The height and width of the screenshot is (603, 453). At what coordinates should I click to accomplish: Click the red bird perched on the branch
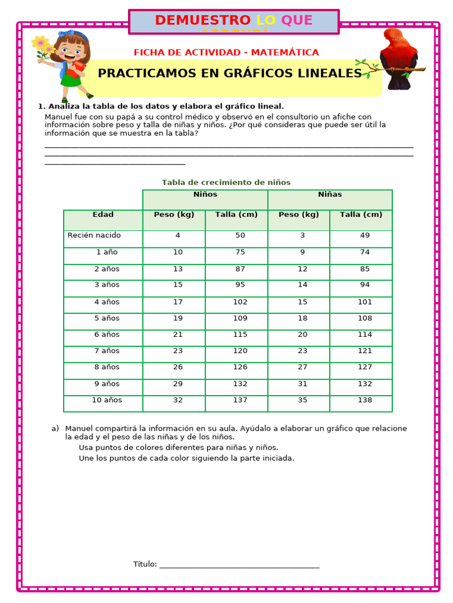pyautogui.click(x=398, y=59)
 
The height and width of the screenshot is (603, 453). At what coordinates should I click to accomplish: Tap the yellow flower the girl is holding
pyautogui.click(x=41, y=44)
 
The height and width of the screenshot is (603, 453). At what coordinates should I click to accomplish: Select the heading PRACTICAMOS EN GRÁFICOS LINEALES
pyautogui.click(x=229, y=73)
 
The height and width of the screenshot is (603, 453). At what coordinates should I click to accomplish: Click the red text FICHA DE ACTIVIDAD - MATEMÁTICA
pyautogui.click(x=226, y=52)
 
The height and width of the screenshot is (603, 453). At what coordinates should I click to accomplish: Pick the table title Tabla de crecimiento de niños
pyautogui.click(x=226, y=183)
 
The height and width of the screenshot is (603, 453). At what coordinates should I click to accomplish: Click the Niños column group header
pyautogui.click(x=205, y=194)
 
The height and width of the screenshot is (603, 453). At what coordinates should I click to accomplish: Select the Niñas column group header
pyautogui.click(x=330, y=194)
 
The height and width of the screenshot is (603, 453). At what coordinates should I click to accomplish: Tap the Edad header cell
pyautogui.click(x=103, y=214)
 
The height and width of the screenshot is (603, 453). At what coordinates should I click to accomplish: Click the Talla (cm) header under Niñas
pyautogui.click(x=361, y=214)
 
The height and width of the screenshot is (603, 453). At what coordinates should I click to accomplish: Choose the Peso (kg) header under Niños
pyautogui.click(x=174, y=214)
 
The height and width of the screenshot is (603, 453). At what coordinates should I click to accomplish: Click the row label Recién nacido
pyautogui.click(x=94, y=235)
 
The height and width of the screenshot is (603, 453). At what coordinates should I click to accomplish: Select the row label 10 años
pyautogui.click(x=107, y=400)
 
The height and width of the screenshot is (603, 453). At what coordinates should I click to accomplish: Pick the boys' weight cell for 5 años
pyautogui.click(x=178, y=318)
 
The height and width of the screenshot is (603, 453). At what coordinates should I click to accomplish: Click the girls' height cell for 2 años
pyautogui.click(x=365, y=269)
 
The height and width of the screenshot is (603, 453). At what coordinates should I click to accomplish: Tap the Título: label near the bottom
pyautogui.click(x=145, y=564)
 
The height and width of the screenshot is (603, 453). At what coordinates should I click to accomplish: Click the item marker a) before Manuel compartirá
pyautogui.click(x=55, y=428)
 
